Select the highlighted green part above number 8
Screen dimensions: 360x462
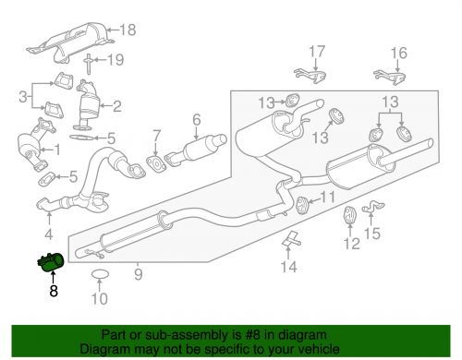coord(49,263)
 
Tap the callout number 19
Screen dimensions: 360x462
coord(115,61)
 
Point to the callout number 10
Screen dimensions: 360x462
coord(101,298)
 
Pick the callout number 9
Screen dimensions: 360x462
coord(138,273)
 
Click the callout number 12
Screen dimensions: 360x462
coord(350,245)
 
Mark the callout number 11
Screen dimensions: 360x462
coord(329,197)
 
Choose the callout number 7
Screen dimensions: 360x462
coord(157,136)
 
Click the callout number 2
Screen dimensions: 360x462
coord(143,106)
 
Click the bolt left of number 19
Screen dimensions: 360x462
coord(88,65)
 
